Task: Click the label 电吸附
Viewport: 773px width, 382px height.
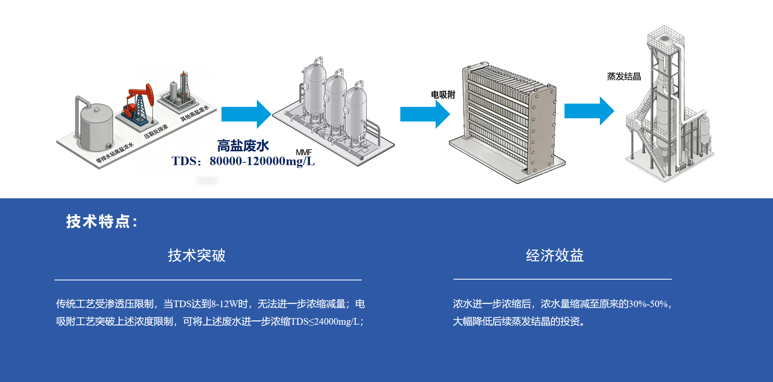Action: [x=443, y=95]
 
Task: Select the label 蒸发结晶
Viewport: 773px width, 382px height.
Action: [x=624, y=76]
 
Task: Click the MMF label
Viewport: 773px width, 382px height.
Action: [x=304, y=152]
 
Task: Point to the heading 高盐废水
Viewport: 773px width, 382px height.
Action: [x=243, y=145]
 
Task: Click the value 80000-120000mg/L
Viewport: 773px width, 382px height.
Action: [x=262, y=161]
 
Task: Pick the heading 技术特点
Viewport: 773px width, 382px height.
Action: [x=102, y=221]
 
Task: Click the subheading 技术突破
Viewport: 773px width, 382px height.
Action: [x=197, y=255]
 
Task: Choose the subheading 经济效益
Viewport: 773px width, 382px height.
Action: [x=554, y=255]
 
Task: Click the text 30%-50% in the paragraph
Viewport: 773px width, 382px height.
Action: [x=648, y=304]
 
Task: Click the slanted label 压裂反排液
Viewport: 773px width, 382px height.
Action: [x=156, y=131]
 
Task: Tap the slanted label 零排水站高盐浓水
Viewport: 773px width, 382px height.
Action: [x=115, y=153]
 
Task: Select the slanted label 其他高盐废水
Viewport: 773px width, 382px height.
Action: [x=195, y=113]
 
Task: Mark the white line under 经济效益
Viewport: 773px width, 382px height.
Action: [x=562, y=279]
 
